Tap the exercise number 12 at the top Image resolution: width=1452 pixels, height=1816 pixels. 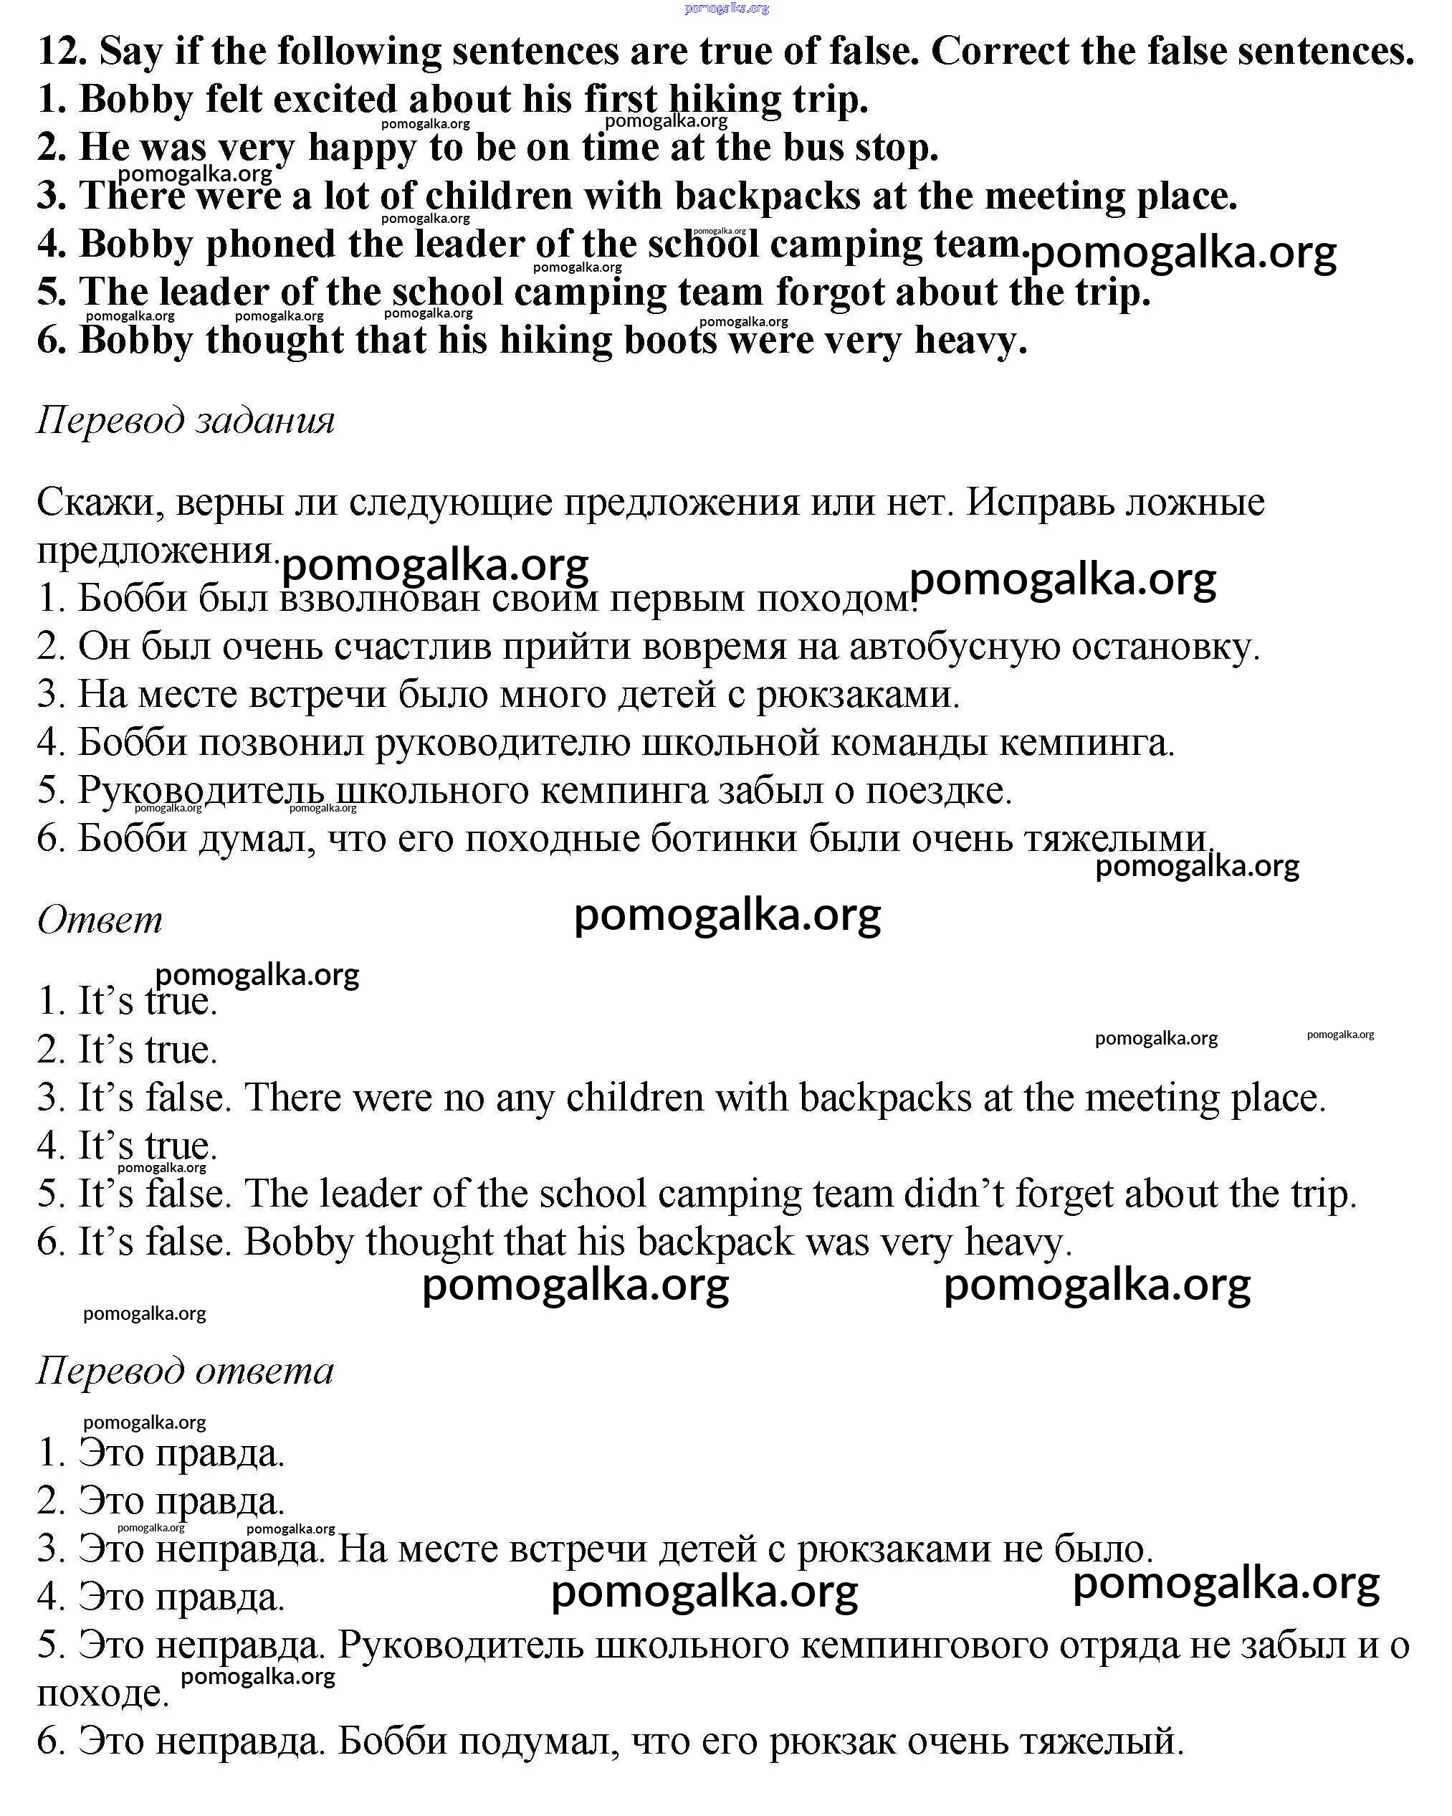61,52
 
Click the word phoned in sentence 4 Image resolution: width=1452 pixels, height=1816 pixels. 270,245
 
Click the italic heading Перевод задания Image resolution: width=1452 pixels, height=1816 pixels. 186,419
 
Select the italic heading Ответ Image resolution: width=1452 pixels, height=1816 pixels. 100,919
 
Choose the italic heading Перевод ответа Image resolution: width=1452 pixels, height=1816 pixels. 186,1370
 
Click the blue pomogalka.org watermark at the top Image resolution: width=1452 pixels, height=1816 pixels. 727,9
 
